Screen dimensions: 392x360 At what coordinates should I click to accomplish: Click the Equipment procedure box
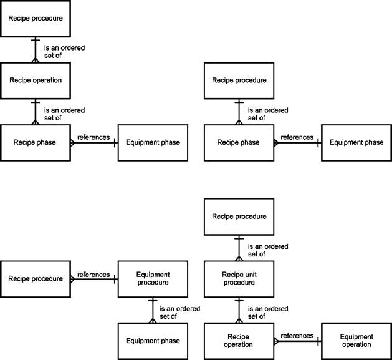(153, 279)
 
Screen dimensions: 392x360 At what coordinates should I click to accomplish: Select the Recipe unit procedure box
(239, 279)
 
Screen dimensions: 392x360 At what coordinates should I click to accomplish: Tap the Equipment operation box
(356, 341)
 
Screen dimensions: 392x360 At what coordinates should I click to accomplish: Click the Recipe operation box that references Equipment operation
(239, 341)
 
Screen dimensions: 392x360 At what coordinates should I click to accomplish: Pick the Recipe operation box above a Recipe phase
(36, 80)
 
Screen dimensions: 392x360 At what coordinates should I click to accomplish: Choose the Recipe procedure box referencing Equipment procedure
(36, 279)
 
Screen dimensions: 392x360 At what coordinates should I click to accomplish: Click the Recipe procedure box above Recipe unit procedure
(239, 216)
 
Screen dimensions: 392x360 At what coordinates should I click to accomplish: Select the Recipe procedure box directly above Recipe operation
(36, 19)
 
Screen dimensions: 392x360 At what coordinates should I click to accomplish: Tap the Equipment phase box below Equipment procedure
(153, 341)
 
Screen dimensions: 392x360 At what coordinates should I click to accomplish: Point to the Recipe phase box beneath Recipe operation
(36, 143)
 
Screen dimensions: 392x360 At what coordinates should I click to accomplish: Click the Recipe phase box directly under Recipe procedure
(239, 143)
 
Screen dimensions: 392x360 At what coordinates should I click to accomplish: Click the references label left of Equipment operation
(297, 336)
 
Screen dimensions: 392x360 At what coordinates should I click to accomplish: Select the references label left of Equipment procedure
(93, 275)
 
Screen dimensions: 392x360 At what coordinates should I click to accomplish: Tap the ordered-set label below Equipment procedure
(179, 313)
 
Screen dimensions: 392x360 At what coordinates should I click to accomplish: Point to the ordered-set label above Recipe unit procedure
(268, 250)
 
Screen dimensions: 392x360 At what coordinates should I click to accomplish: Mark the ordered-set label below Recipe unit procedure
(268, 313)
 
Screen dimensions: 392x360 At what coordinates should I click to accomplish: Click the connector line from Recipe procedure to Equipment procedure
(94, 279)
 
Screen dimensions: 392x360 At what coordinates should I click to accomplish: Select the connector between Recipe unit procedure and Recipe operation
(239, 310)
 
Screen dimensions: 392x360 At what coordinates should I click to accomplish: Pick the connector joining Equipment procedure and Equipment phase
(153, 310)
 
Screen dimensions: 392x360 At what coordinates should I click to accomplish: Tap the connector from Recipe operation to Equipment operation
(298, 341)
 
